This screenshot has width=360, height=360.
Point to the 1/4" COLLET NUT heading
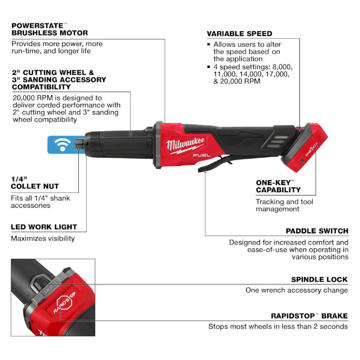coord(34,183)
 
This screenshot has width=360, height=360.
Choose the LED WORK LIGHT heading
coord(44,227)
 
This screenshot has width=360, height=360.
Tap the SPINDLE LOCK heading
coord(319,279)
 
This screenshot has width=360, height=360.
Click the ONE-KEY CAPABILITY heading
coord(278,186)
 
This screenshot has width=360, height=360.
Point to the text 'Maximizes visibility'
coord(43,238)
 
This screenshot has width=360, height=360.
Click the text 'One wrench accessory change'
coord(297,290)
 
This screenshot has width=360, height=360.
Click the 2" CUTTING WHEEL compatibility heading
coord(58,79)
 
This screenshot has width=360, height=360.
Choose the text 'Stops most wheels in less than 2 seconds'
coord(278,326)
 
